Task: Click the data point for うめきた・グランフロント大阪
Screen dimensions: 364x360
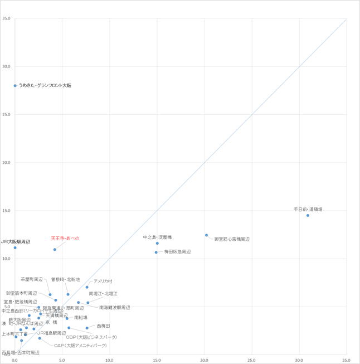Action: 15,86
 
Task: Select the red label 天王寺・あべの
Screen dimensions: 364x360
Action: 65,238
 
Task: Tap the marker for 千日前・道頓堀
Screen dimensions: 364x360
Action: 308,216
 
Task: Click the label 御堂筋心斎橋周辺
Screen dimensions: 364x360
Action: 232,239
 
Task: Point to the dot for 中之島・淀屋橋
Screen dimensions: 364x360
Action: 157,243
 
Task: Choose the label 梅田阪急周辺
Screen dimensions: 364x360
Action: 177,252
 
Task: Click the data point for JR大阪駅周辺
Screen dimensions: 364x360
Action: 15,247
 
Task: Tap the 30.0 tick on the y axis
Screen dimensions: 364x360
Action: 7,66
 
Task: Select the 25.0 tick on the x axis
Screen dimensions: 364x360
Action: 252,360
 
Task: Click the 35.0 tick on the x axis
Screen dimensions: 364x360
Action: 347,360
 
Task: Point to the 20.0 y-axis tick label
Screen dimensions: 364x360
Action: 7,163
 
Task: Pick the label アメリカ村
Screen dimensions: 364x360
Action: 103,281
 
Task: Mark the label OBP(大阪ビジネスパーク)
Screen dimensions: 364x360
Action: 91,337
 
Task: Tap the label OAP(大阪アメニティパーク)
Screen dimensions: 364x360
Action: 80,346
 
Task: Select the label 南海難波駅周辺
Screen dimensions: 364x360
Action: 114,307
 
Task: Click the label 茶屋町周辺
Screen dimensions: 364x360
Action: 32,279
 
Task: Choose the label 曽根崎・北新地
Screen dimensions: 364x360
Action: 65,279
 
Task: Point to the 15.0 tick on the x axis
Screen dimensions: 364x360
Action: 157,360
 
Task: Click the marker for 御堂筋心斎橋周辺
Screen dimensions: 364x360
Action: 206,235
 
